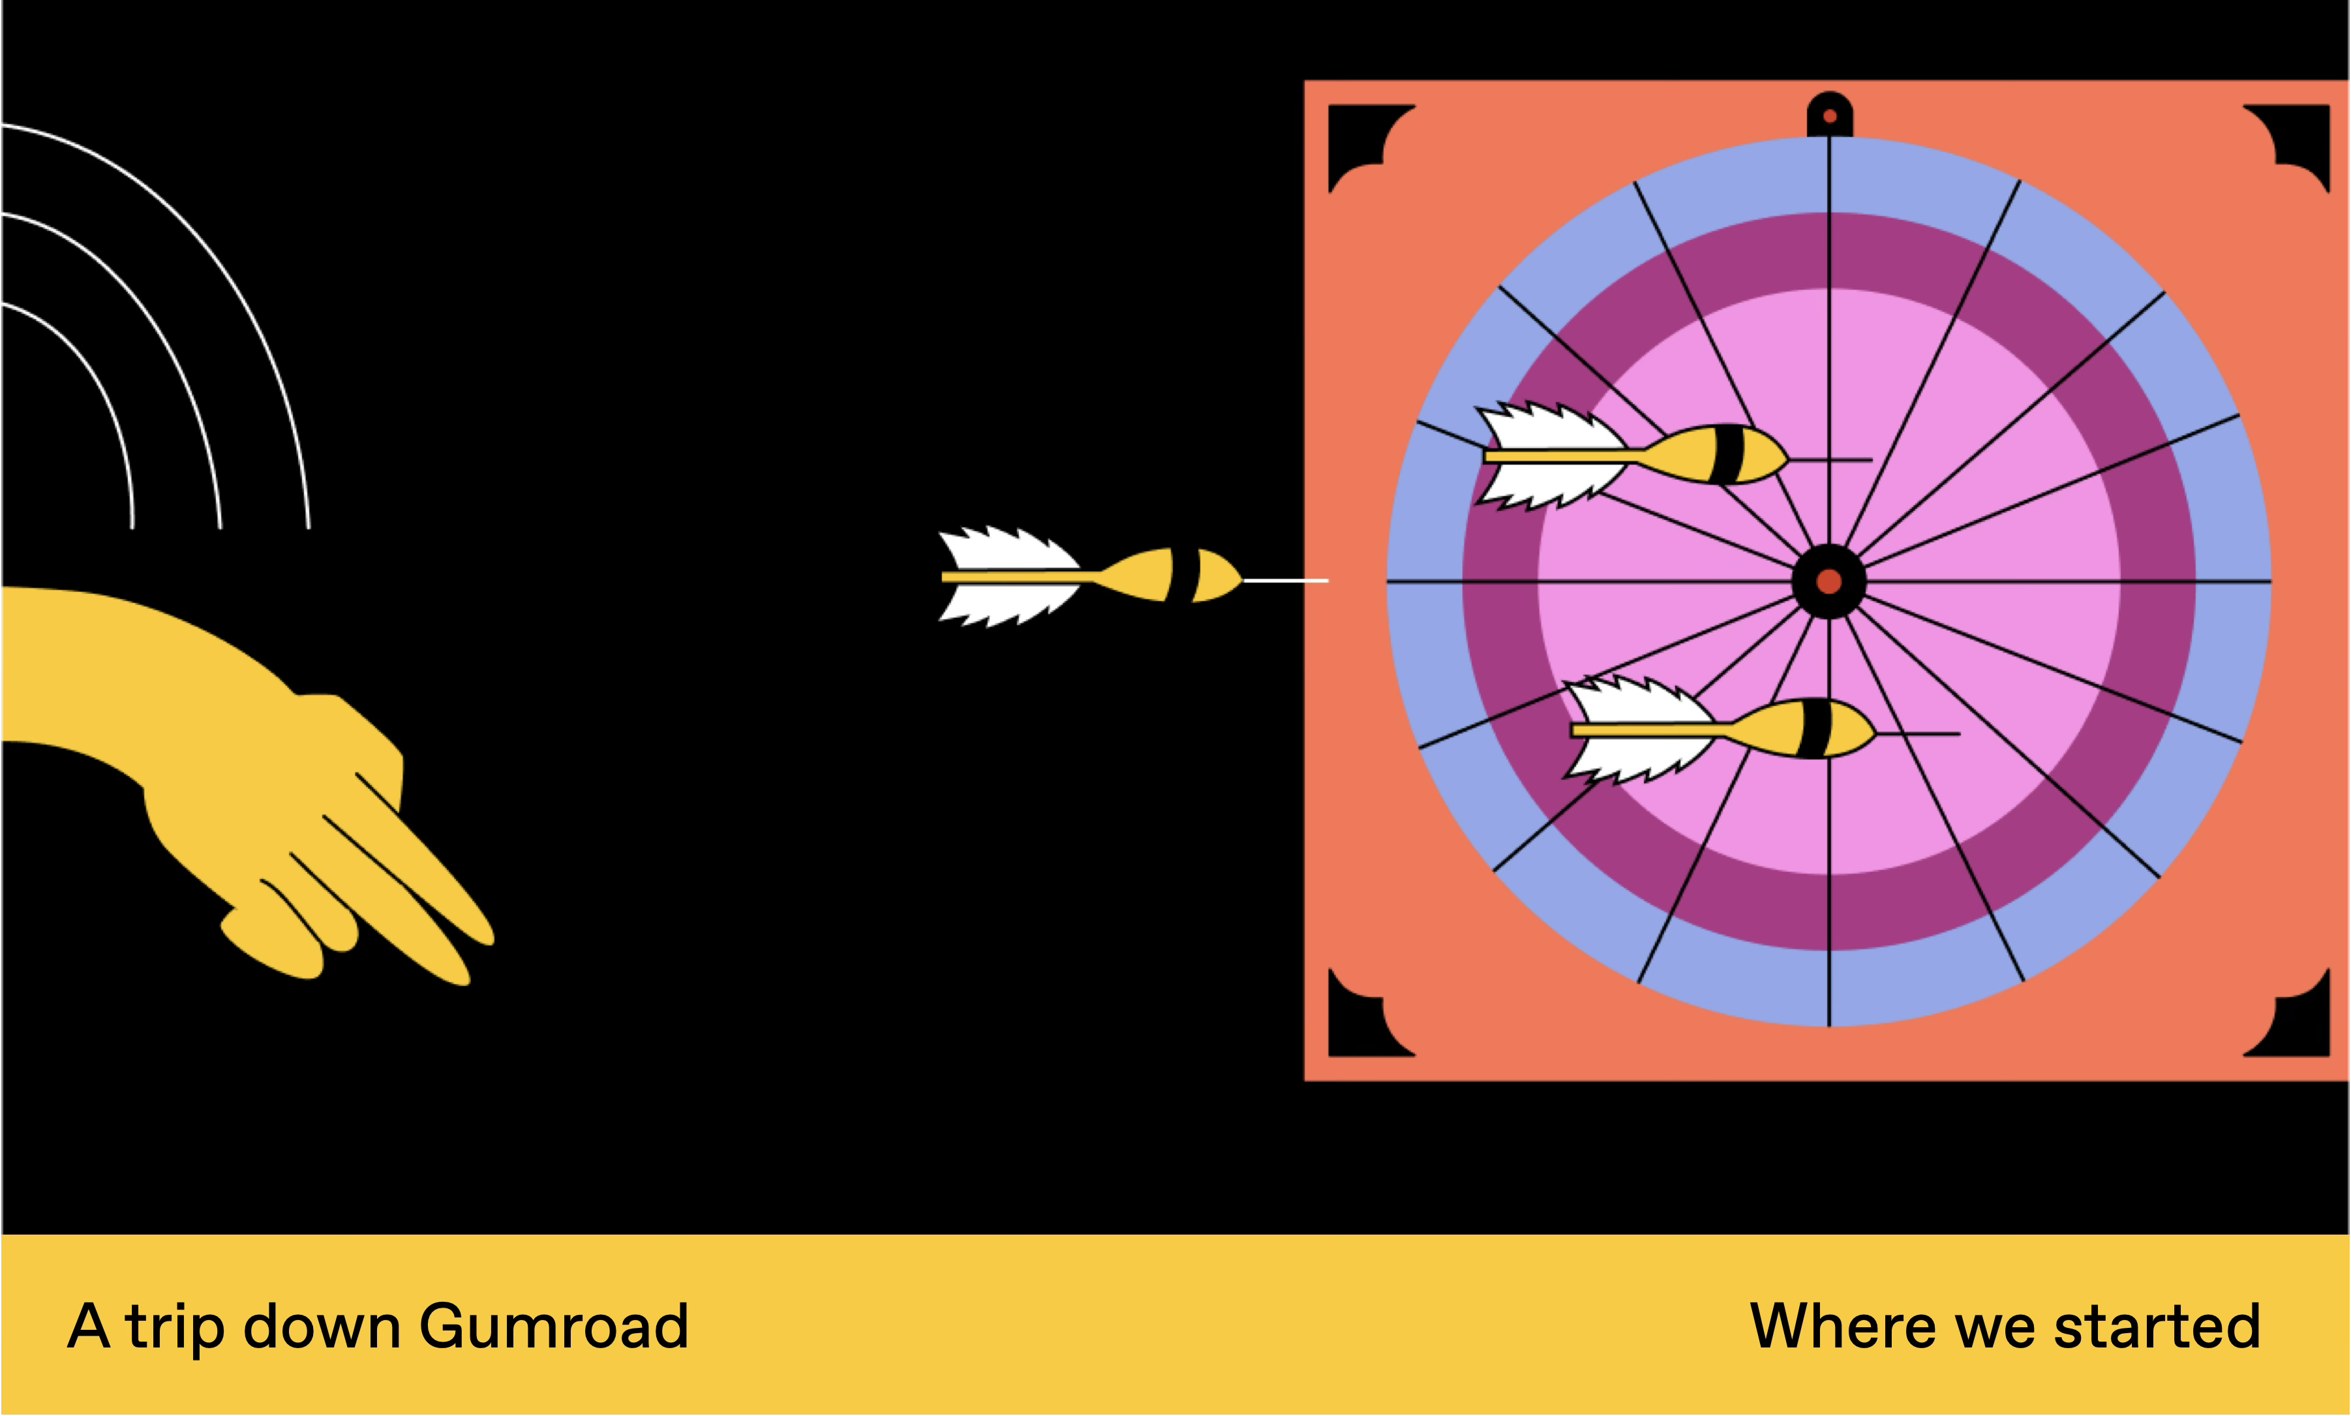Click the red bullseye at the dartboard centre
(x=1828, y=581)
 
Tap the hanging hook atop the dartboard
(x=1829, y=114)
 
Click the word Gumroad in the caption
(x=553, y=1327)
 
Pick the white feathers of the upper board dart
(x=1553, y=455)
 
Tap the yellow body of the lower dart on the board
(x=1802, y=729)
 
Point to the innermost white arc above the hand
(x=95, y=372)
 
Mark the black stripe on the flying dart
(x=1183, y=576)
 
